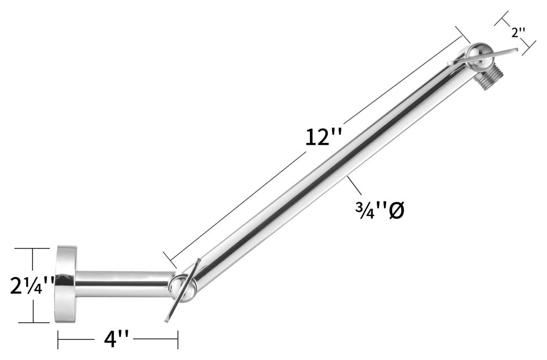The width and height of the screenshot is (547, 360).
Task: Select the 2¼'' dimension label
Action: pyautogui.click(x=31, y=285)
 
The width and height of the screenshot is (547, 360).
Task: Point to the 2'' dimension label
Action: pyautogui.click(x=518, y=33)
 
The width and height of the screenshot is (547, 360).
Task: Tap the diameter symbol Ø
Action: pyautogui.click(x=396, y=211)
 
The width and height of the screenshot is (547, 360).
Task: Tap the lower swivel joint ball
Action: pyautogui.click(x=181, y=288)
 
